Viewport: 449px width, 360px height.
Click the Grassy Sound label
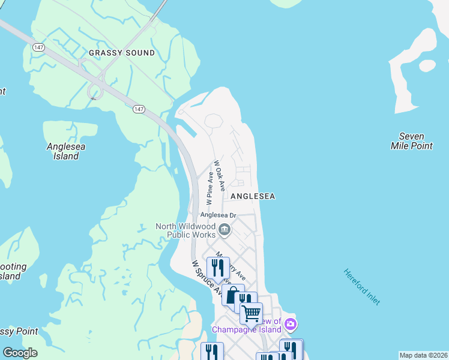click(x=122, y=53)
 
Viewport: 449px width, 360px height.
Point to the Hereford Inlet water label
click(x=361, y=287)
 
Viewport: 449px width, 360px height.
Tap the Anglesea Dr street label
click(x=219, y=215)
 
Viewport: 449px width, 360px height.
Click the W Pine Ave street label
click(x=210, y=187)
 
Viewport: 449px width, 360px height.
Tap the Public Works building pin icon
click(x=224, y=229)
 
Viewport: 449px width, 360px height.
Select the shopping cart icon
click(x=251, y=313)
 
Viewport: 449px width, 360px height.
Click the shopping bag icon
click(x=232, y=296)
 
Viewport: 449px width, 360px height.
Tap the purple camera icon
click(x=291, y=325)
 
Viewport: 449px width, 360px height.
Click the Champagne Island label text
click(x=245, y=330)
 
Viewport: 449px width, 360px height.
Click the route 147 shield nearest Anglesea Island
click(x=139, y=109)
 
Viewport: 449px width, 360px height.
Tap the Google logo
click(x=20, y=353)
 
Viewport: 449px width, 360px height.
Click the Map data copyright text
click(x=423, y=355)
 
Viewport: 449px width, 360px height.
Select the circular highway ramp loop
click(x=94, y=91)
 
